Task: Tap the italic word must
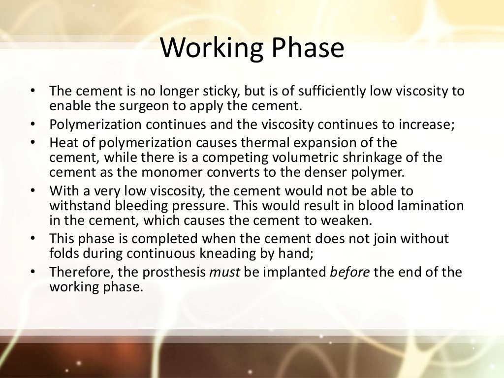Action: [224, 272]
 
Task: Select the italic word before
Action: [350, 272]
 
